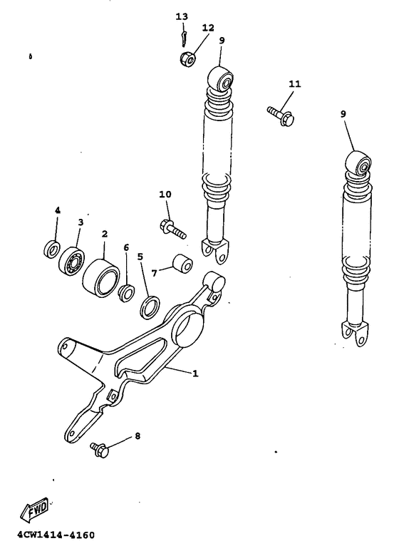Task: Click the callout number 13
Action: click(182, 16)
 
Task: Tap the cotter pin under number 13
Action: click(184, 35)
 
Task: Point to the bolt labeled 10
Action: click(171, 228)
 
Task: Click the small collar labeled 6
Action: click(126, 292)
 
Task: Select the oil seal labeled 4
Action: click(51, 249)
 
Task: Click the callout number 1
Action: click(195, 372)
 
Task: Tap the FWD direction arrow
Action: click(34, 508)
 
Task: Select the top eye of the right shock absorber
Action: click(361, 165)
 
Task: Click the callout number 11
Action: click(295, 84)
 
